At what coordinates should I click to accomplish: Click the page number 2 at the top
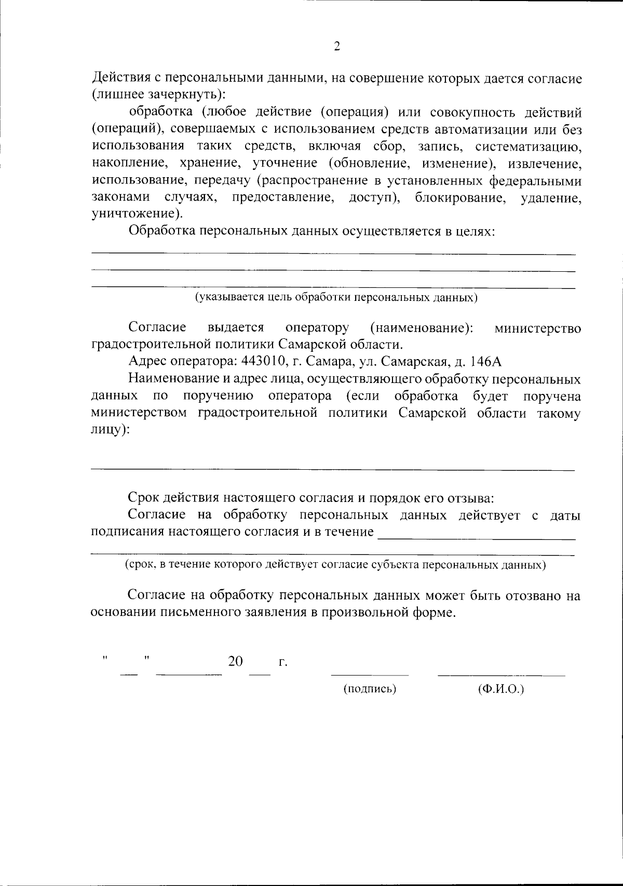point(336,47)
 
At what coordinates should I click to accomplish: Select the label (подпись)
point(370,689)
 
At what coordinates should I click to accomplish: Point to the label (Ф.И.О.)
point(500,689)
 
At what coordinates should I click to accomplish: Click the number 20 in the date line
point(235,661)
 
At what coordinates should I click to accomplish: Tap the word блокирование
point(461,198)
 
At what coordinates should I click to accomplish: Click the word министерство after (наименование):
point(538,328)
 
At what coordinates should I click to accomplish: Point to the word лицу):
point(110,430)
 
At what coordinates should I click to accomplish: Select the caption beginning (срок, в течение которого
point(335,565)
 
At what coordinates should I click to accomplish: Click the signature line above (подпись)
point(370,674)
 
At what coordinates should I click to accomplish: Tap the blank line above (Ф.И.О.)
point(501,674)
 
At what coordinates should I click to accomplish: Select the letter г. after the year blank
point(282,662)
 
